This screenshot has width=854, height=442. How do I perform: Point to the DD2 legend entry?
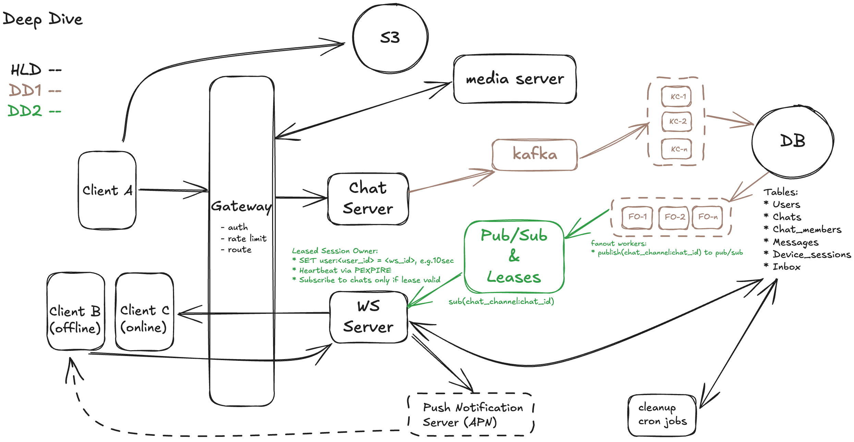pyautogui.click(x=34, y=111)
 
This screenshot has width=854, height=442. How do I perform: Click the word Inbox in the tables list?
pyautogui.click(x=786, y=267)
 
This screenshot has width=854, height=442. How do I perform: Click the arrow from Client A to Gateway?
pyautogui.click(x=173, y=190)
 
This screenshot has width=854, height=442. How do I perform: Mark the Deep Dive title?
pyautogui.click(x=42, y=19)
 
